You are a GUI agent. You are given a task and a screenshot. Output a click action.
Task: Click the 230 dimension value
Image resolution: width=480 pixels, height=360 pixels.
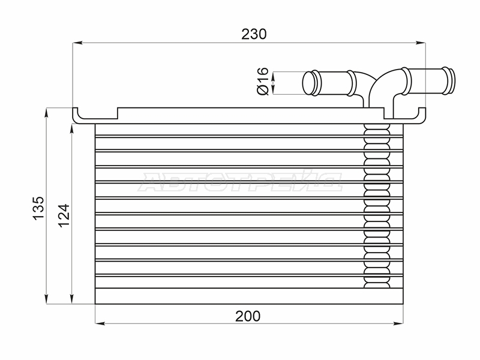(x=254, y=34)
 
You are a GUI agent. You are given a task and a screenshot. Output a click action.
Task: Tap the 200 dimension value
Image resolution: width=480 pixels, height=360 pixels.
(x=248, y=316)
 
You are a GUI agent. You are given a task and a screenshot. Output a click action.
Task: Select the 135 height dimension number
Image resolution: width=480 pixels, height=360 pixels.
(x=39, y=208)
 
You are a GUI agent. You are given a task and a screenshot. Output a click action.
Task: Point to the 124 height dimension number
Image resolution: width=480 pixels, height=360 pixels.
(x=64, y=215)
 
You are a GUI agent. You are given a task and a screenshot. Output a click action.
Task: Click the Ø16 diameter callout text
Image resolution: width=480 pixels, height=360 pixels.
(x=262, y=81)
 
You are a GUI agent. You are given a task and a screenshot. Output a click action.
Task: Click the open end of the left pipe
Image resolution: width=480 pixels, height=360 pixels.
(x=308, y=83)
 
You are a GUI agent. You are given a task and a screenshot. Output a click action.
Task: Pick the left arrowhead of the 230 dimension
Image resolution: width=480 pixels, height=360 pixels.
(x=78, y=43)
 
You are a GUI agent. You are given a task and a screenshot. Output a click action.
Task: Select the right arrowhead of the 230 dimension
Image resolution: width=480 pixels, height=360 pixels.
(x=421, y=43)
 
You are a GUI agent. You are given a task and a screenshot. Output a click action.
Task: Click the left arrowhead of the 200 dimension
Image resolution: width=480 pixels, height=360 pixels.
(x=100, y=323)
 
